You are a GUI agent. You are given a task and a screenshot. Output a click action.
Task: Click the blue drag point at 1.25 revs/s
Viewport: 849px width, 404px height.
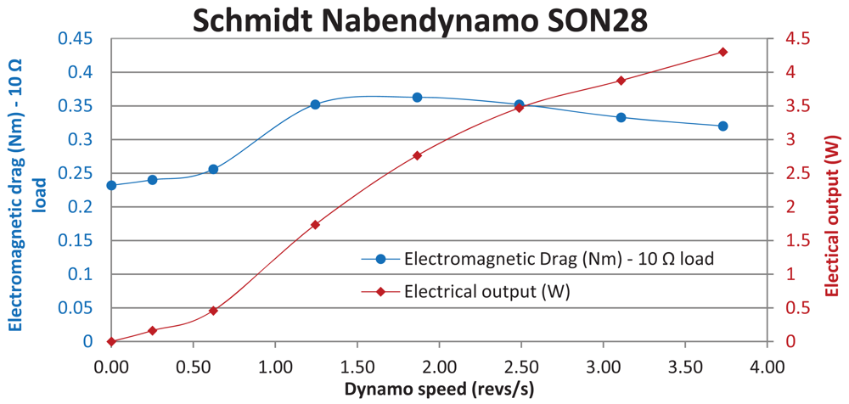coord(315,104)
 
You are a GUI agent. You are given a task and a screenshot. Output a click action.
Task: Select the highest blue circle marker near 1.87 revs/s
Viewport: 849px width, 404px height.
coord(417,98)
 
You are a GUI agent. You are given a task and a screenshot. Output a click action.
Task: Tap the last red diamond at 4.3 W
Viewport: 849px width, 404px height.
coord(722,52)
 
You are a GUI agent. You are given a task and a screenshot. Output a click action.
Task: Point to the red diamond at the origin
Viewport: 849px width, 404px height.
coord(111,341)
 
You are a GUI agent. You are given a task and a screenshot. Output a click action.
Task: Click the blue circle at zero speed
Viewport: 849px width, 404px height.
coord(111,185)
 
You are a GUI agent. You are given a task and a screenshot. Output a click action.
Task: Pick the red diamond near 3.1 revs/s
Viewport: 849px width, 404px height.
coord(621,81)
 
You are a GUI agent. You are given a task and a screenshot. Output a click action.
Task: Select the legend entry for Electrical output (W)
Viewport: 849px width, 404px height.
coord(486,291)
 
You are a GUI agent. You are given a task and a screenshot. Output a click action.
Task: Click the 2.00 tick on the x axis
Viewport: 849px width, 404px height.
coord(439,368)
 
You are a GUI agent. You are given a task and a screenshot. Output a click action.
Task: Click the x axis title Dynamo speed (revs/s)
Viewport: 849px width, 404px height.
coord(438,390)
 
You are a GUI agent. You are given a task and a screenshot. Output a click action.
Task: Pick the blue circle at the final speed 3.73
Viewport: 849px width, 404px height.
coord(722,126)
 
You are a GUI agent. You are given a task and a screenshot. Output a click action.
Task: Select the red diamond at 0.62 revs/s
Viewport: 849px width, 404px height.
coord(213,311)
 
